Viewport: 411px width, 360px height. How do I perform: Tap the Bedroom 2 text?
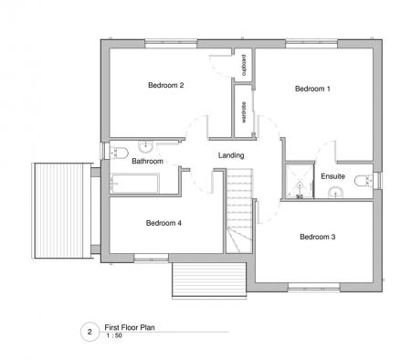(166, 86)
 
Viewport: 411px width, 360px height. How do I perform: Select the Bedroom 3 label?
(318, 237)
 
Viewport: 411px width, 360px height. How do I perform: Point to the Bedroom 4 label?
(164, 222)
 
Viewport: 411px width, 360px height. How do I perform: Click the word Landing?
(231, 155)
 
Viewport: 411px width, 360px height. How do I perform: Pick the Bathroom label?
(147, 161)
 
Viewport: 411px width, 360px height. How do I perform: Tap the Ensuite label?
(332, 175)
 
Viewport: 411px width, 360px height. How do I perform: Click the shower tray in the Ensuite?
(298, 180)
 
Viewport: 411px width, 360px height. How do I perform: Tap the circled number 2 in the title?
(89, 333)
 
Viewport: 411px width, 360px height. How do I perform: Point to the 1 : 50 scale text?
(115, 338)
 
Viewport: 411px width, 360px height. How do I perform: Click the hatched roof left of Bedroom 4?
(59, 208)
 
